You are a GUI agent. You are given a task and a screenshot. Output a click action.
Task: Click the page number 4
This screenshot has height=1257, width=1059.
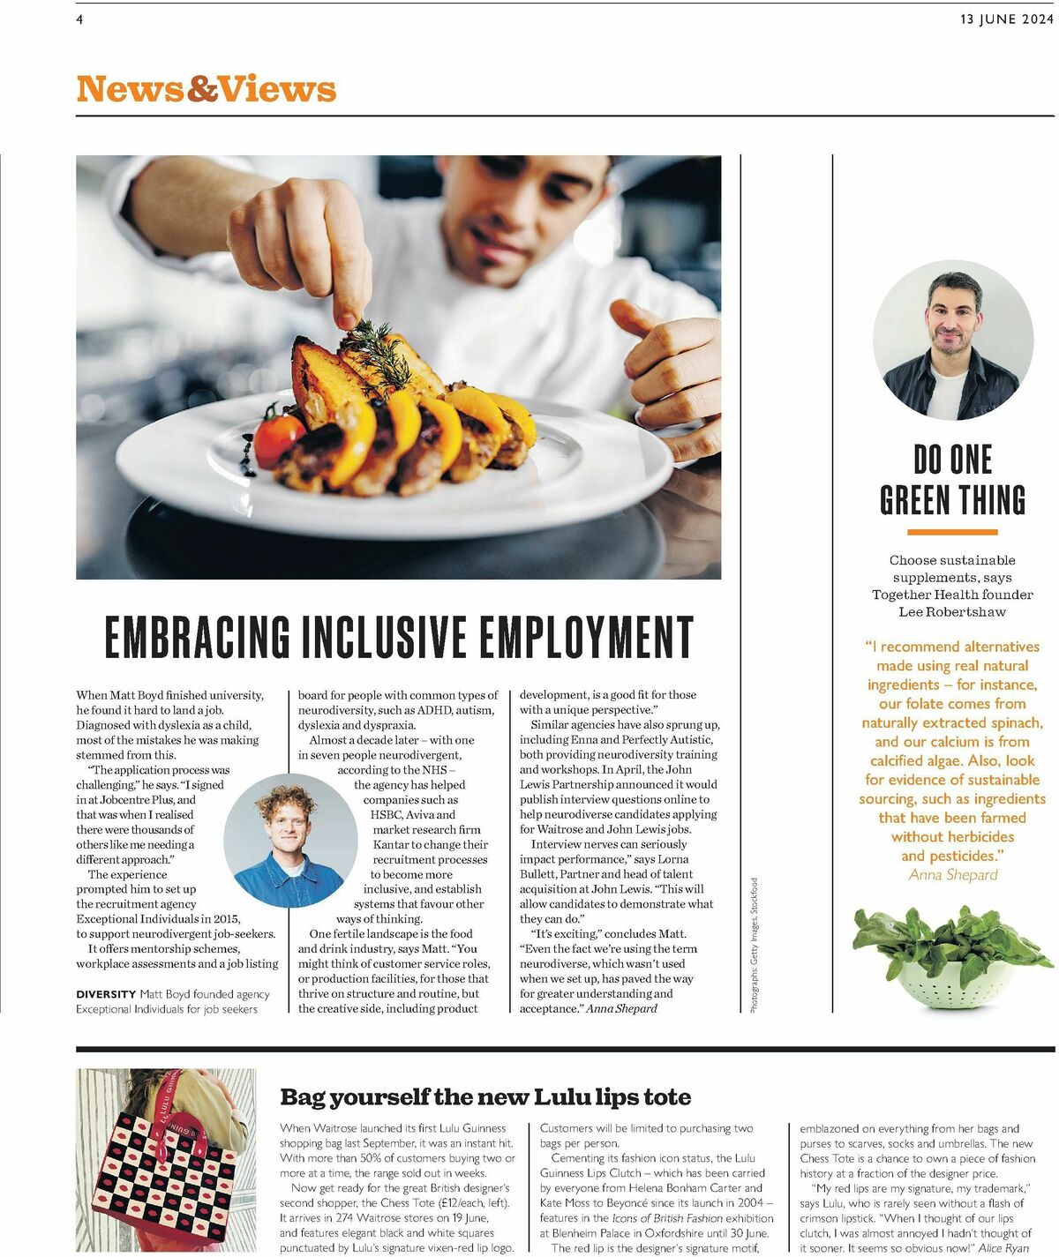pyautogui.click(x=79, y=19)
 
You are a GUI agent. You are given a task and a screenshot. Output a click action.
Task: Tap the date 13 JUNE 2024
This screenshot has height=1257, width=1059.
pyautogui.click(x=1006, y=19)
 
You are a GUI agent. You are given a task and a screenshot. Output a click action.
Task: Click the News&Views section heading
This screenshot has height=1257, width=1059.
pyautogui.click(x=207, y=89)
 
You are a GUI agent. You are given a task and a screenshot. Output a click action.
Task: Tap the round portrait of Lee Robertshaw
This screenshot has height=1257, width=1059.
pyautogui.click(x=952, y=340)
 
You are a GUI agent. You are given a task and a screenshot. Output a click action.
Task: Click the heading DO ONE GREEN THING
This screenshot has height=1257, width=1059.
pyautogui.click(x=952, y=480)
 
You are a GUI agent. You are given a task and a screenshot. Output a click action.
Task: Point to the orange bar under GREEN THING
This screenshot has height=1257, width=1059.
pyautogui.click(x=952, y=532)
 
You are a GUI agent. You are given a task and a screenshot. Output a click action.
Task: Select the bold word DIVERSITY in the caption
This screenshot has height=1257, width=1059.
pyautogui.click(x=106, y=994)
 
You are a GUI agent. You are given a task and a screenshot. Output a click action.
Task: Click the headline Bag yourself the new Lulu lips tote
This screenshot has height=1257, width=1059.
pyautogui.click(x=485, y=1097)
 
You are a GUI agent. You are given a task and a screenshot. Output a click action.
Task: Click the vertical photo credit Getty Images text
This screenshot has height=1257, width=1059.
pyautogui.click(x=755, y=944)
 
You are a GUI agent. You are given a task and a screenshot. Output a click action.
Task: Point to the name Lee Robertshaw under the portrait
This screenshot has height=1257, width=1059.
pyautogui.click(x=952, y=612)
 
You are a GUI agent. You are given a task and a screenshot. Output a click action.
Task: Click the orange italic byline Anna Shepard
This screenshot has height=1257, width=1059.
pyautogui.click(x=953, y=875)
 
